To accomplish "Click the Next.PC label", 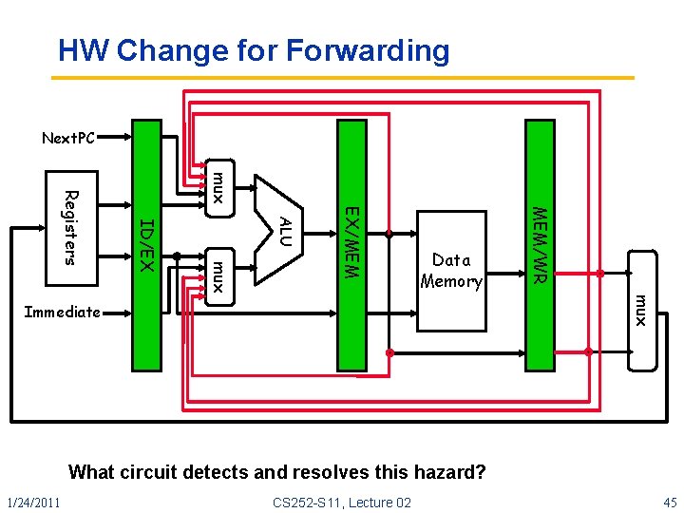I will tap(68, 139).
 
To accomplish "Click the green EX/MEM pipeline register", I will tap(351, 242).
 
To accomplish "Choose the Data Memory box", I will tap(451, 270).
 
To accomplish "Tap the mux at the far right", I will tap(641, 311).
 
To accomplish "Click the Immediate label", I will tap(62, 312).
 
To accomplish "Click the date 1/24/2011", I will tap(32, 503).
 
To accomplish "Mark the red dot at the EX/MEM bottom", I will tap(389, 352).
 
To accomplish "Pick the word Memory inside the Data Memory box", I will tap(451, 281).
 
